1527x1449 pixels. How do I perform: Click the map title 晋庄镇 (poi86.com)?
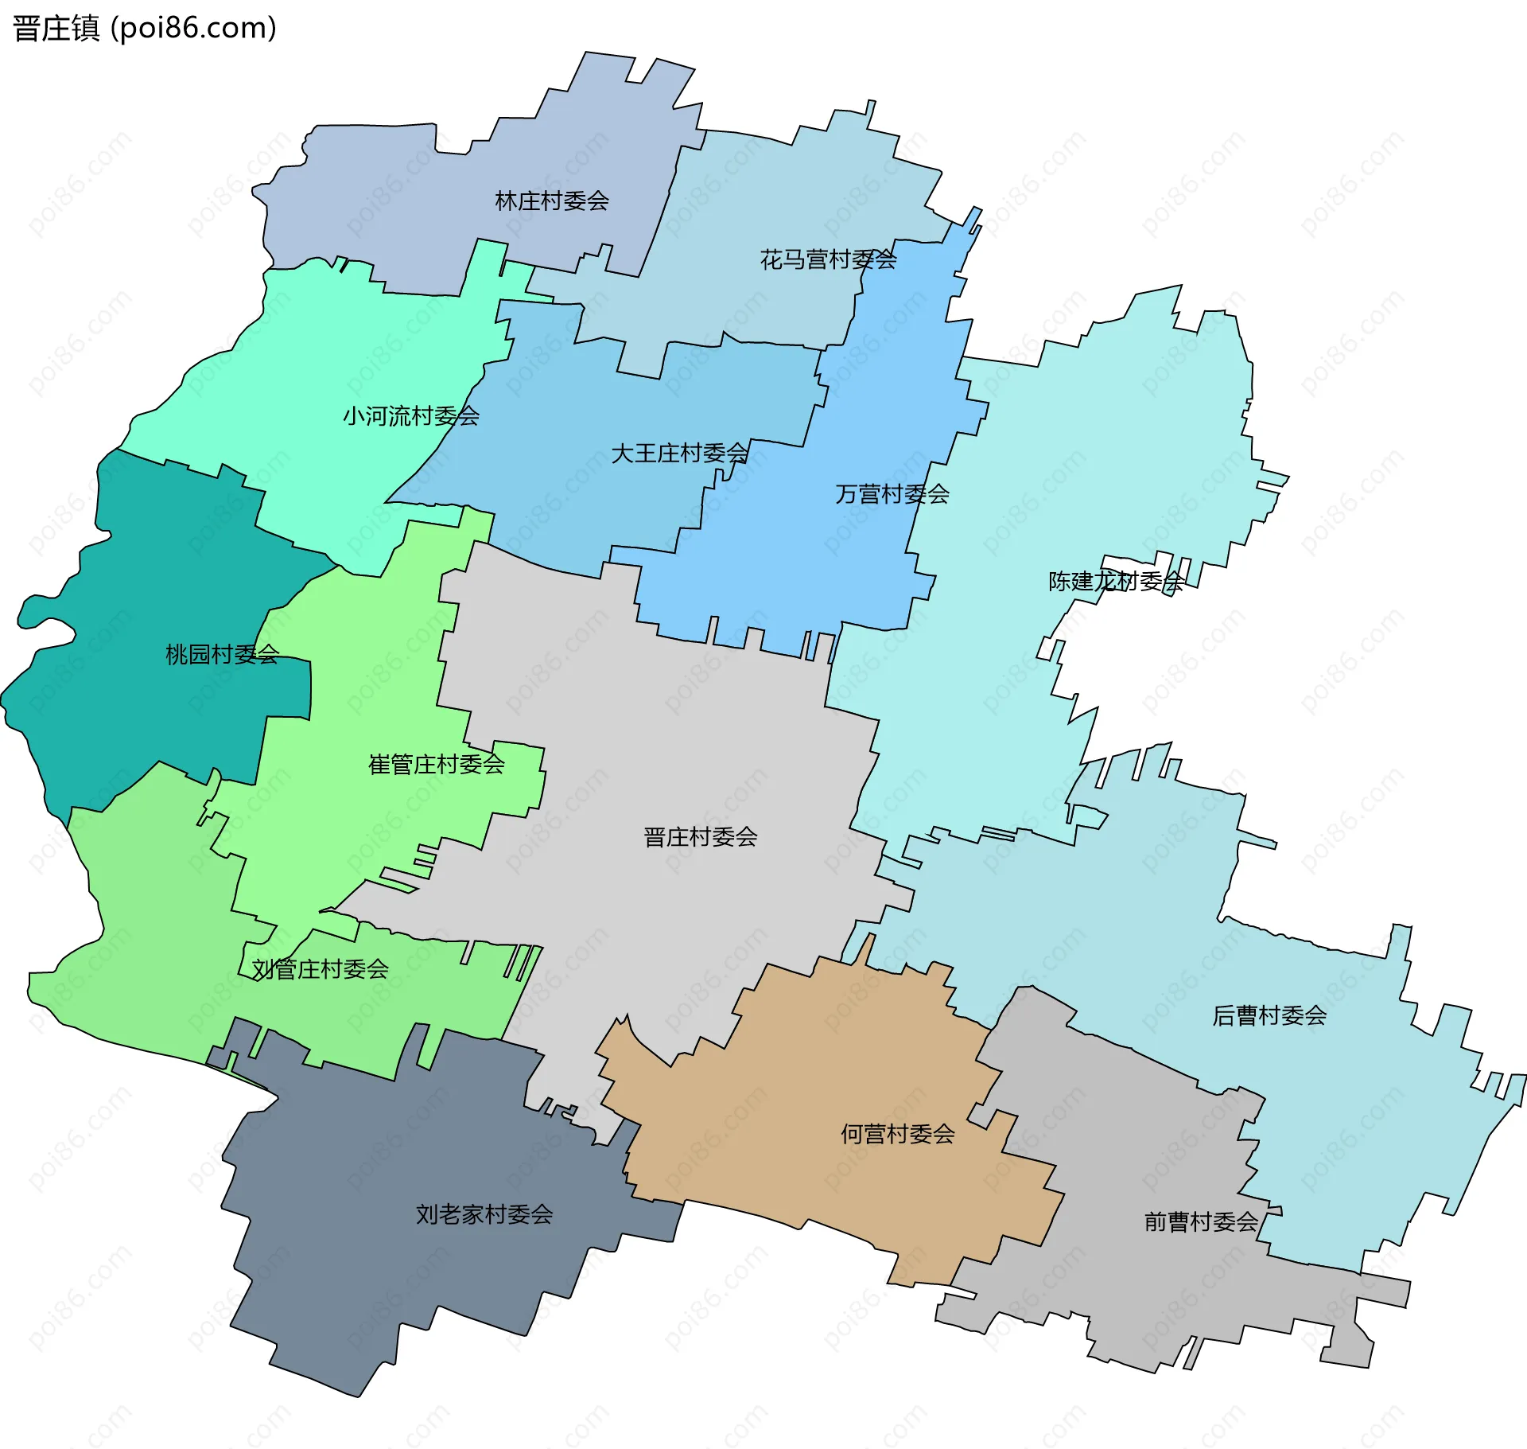pos(145,28)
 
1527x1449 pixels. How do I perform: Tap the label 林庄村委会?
pos(551,201)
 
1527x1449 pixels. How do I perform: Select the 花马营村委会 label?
pos(828,259)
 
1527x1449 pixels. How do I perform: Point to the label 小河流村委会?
pos(410,415)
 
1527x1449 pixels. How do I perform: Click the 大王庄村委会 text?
pos(679,453)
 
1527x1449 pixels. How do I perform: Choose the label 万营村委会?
pos(892,494)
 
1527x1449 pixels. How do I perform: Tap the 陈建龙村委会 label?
pos(1116,581)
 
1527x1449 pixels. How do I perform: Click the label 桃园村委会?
pos(222,654)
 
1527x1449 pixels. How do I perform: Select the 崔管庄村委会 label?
pos(436,764)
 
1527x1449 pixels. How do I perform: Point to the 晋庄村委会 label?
pos(700,836)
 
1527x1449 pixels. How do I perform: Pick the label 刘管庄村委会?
pos(320,968)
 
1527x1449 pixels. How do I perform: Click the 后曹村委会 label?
pos(1269,1015)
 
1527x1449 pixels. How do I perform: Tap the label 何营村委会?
pos(897,1133)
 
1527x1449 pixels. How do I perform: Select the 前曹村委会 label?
pos(1200,1221)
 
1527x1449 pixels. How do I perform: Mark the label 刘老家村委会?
pos(484,1213)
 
